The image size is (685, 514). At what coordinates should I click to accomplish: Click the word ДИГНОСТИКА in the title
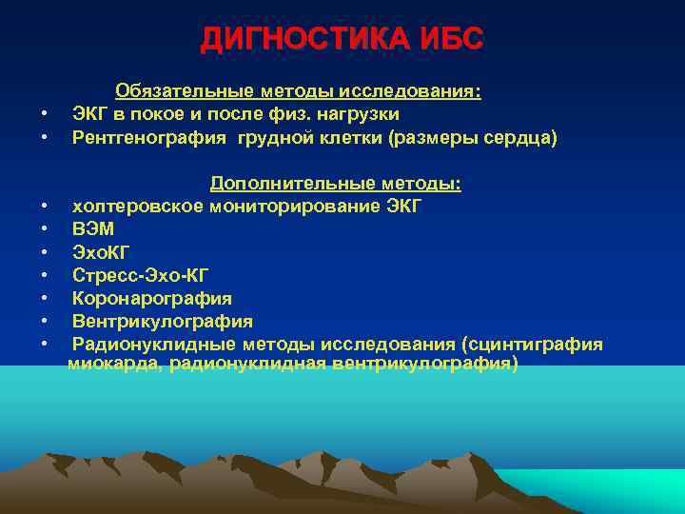(x=305, y=39)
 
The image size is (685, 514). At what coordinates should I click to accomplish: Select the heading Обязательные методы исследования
(x=298, y=91)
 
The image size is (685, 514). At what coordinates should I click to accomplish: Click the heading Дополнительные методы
(x=335, y=183)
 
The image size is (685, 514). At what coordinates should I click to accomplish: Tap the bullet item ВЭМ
(x=93, y=229)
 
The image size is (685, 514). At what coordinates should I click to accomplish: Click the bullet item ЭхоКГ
(x=100, y=252)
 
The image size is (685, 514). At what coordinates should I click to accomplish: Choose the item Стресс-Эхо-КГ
(x=140, y=275)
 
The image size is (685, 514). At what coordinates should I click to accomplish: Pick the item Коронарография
(x=151, y=298)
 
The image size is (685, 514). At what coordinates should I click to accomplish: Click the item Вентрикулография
(x=163, y=321)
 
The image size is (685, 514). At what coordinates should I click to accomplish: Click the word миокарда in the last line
(x=113, y=364)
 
